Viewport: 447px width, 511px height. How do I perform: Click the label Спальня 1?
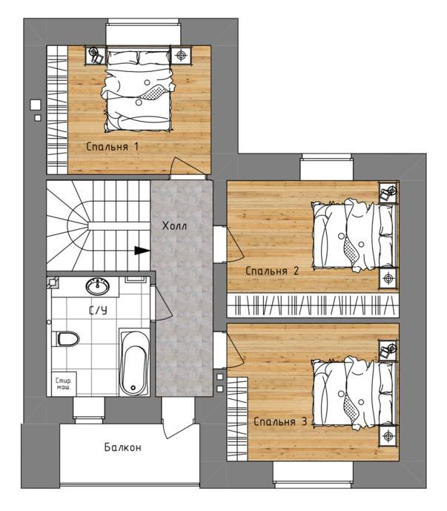[x=113, y=147]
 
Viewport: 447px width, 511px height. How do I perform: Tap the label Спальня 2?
[x=272, y=271]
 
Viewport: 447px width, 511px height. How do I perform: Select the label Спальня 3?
[x=280, y=422]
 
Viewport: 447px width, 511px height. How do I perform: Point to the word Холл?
[x=175, y=225]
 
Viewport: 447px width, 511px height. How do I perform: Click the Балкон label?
[x=123, y=447]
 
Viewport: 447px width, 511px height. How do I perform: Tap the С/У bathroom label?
[x=98, y=311]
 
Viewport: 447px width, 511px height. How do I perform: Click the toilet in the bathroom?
[x=67, y=339]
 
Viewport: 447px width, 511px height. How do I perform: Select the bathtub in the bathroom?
[x=133, y=362]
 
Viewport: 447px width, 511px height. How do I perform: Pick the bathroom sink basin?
[x=97, y=286]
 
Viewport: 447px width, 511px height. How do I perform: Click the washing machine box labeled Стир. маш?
[x=64, y=384]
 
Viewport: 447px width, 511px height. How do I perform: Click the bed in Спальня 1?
[x=139, y=90]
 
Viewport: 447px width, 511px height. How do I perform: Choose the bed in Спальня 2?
[x=354, y=235]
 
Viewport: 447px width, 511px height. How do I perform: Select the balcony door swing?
[x=178, y=421]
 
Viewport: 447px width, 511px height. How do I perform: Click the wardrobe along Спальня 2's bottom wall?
[x=313, y=306]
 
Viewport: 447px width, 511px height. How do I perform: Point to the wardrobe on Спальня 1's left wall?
[x=57, y=110]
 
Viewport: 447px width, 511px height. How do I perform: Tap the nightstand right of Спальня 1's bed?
[x=182, y=56]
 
